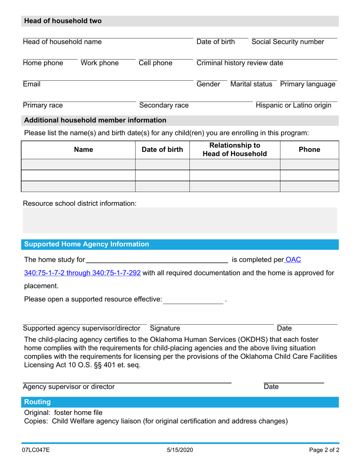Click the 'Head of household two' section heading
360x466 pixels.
63,21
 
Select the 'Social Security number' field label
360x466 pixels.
288,42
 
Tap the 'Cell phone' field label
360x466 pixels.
155,63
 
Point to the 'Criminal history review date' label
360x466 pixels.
239,63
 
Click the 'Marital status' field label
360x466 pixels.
251,84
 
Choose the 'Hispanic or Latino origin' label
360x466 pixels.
294,105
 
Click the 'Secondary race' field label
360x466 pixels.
164,105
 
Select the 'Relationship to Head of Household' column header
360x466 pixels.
235,150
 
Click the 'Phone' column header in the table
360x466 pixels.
309,150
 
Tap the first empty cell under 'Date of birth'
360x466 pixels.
162,164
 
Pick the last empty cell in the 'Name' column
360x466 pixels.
78,187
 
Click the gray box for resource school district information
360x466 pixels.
180,220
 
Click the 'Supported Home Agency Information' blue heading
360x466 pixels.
87,244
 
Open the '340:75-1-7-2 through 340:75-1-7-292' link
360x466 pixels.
83,273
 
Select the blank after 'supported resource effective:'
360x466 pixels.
193,299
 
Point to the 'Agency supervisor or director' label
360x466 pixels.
69,387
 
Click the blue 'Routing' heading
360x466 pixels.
38,402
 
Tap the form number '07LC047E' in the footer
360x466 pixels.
36,451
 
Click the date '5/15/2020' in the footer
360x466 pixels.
180,451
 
